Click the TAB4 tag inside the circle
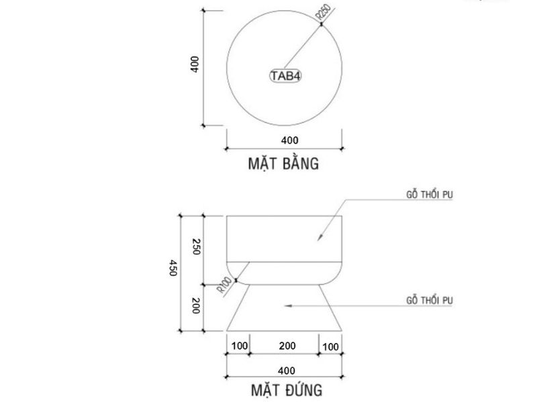pyautogui.click(x=285, y=76)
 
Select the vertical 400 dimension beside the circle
pyautogui.click(x=194, y=65)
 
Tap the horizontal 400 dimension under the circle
pyautogui.click(x=289, y=140)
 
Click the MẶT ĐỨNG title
pyautogui.click(x=287, y=389)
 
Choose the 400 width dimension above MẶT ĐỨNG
pyautogui.click(x=287, y=369)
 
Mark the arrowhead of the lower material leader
pyautogui.click(x=287, y=306)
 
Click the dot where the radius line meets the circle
pyautogui.click(x=322, y=25)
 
